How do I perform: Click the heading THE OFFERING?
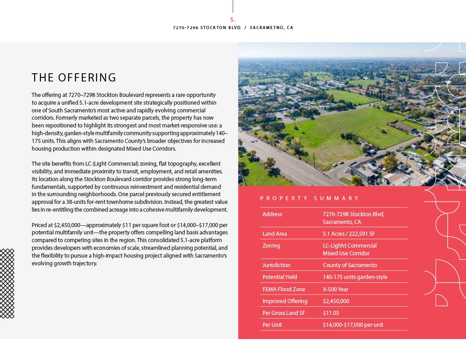(x=74, y=77)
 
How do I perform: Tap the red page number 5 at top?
(x=233, y=20)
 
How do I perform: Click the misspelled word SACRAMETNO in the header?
(x=267, y=28)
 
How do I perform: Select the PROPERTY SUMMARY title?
(x=309, y=198)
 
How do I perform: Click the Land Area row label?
(x=274, y=234)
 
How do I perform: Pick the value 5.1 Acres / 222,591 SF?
(x=349, y=234)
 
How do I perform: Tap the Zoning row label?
(x=271, y=246)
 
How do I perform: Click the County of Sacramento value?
(x=349, y=265)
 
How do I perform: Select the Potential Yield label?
(x=279, y=277)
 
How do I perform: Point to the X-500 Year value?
(x=335, y=289)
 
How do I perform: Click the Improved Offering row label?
(x=285, y=301)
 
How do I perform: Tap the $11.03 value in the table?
(x=331, y=313)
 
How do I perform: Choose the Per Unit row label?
(x=272, y=325)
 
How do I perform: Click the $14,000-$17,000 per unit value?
(x=353, y=325)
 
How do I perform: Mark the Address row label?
(x=272, y=214)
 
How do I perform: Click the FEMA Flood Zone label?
(x=284, y=289)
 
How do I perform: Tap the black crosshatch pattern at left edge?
(x=7, y=283)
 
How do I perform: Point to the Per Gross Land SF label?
(x=284, y=313)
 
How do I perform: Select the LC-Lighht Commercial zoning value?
(x=349, y=246)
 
